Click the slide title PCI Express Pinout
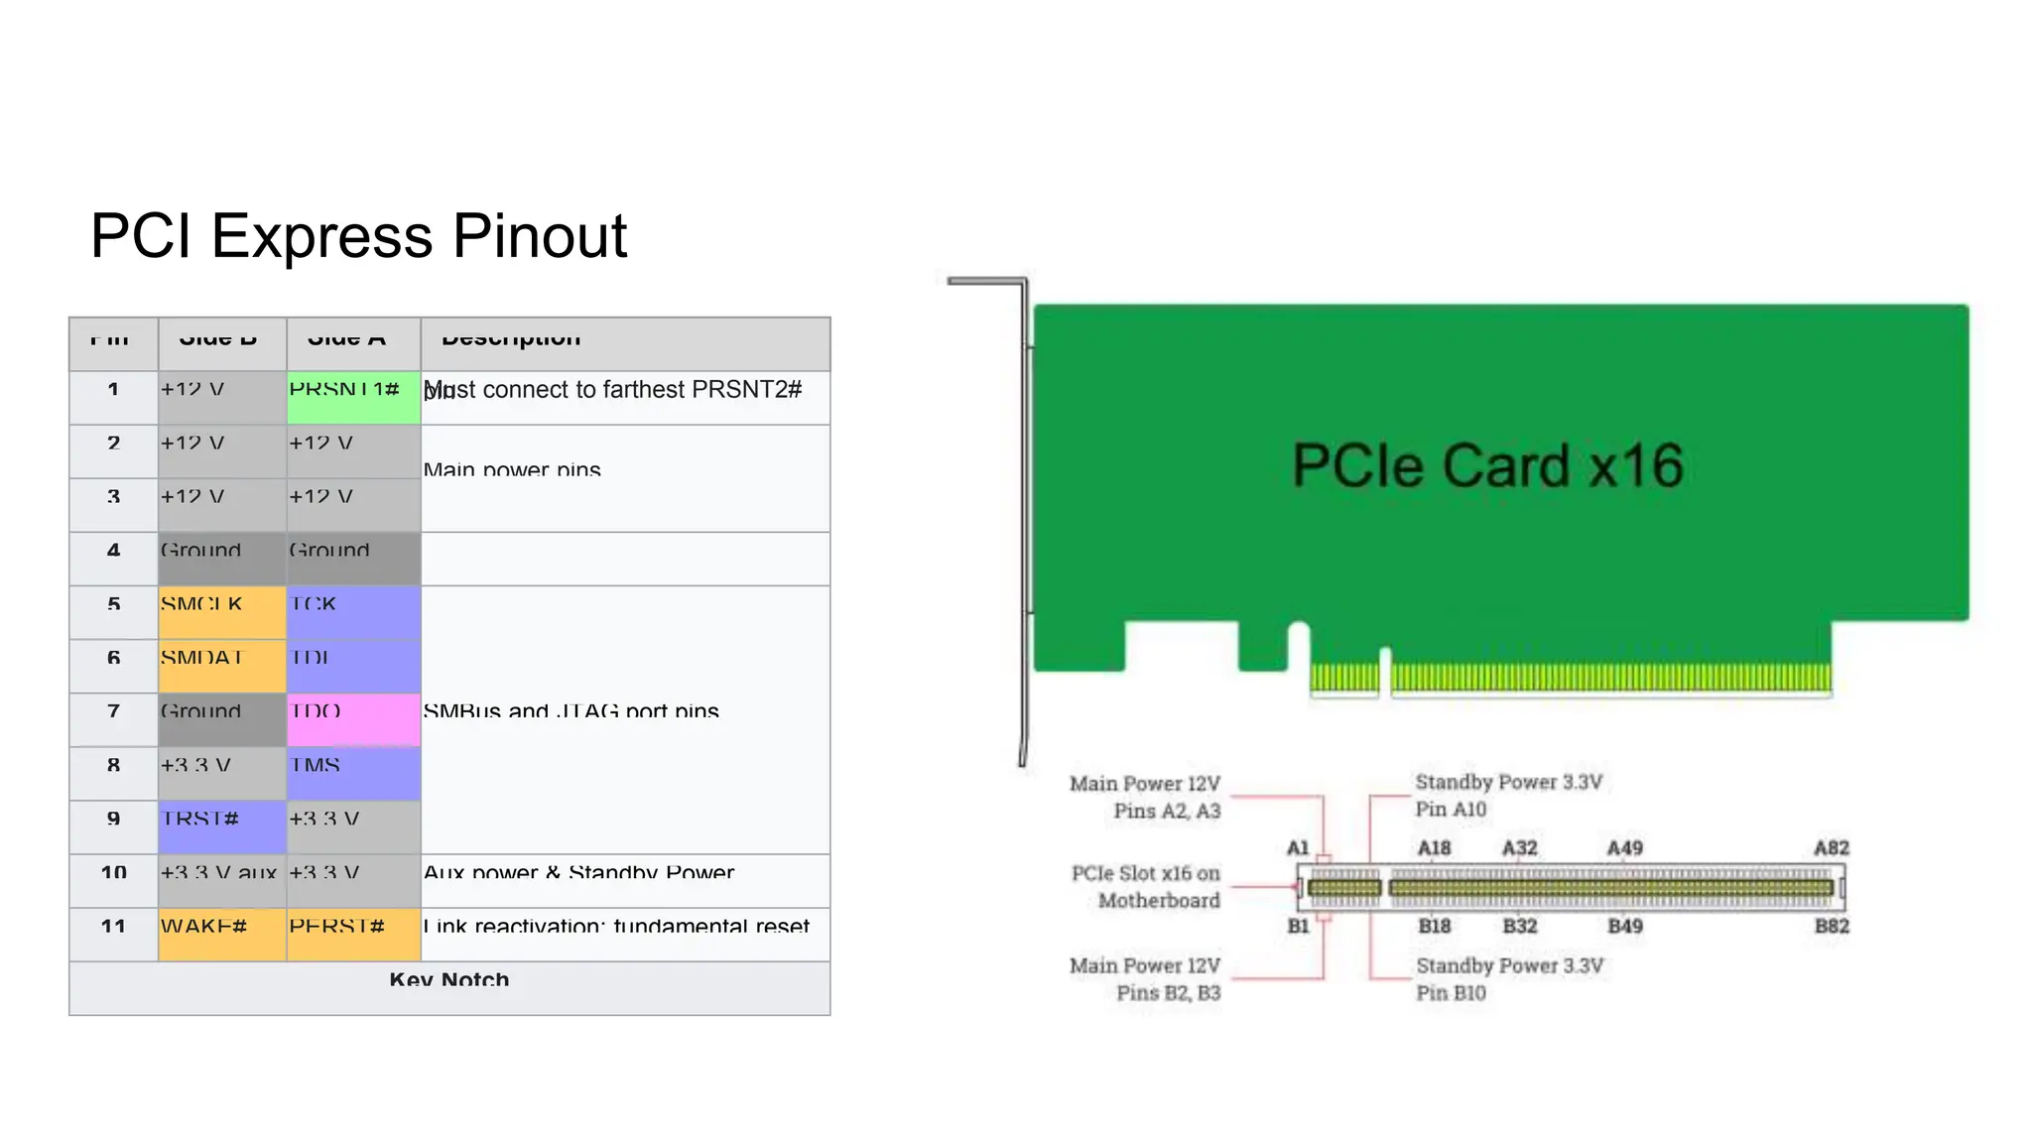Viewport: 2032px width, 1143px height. [358, 236]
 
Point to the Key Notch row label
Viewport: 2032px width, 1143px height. [449, 981]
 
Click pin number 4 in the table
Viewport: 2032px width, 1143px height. [113, 552]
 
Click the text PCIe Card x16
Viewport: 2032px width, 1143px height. [1487, 465]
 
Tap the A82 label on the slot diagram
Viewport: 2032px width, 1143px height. [1831, 848]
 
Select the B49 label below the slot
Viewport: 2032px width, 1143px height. [1624, 927]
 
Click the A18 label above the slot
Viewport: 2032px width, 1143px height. [1434, 848]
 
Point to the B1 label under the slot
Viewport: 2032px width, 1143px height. [1298, 927]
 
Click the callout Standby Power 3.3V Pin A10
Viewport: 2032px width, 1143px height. [1507, 796]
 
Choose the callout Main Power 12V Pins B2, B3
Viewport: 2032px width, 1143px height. [1146, 979]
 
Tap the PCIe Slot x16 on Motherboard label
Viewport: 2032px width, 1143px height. [1147, 887]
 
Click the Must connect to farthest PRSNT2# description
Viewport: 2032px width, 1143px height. [612, 390]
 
